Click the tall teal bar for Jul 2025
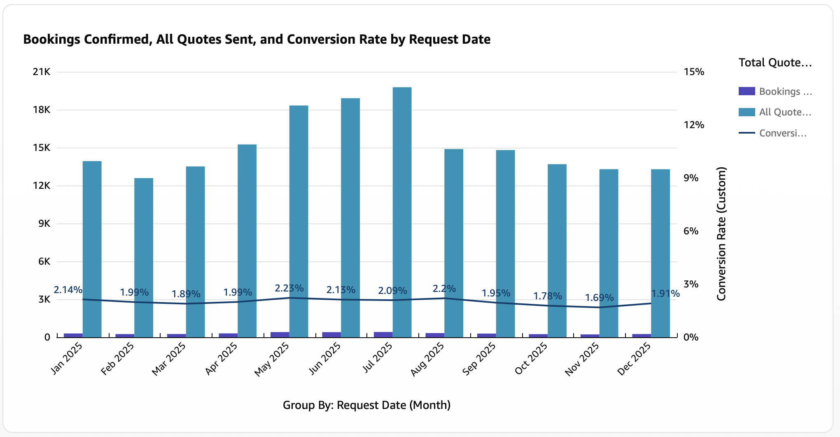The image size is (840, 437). tap(402, 212)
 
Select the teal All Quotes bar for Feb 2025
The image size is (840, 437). tap(144, 258)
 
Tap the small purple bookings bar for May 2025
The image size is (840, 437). tap(280, 335)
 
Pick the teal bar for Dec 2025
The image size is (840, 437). tap(660, 254)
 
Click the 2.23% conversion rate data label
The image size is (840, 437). tap(289, 288)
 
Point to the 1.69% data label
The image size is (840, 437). tap(599, 297)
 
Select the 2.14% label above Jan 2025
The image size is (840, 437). tap(68, 289)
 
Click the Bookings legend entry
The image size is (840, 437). tap(775, 91)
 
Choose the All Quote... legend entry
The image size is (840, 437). tap(775, 112)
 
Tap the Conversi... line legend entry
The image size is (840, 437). tap(772, 133)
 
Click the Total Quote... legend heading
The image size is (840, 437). tap(775, 63)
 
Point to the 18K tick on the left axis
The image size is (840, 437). tap(42, 110)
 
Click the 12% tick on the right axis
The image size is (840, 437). tap(694, 125)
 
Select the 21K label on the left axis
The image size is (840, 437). tap(42, 72)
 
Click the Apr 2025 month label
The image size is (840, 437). tap(221, 358)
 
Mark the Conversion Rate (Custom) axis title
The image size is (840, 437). tap(721, 234)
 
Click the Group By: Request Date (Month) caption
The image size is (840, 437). tap(366, 405)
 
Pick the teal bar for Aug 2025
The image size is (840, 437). tap(454, 243)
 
